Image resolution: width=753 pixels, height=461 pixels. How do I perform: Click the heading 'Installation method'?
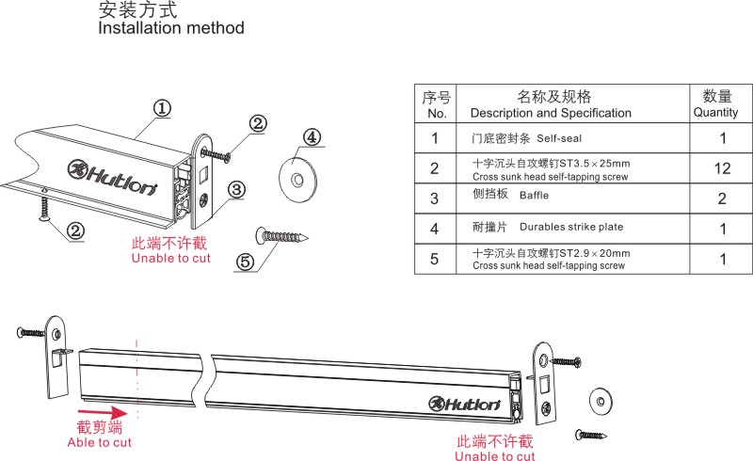click(171, 28)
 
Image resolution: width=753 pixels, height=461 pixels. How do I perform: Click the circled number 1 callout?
click(162, 108)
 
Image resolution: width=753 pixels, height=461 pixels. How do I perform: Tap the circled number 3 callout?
click(237, 190)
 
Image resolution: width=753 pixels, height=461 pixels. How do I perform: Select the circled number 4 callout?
click(311, 137)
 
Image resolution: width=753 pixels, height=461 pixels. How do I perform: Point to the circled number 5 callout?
click(246, 262)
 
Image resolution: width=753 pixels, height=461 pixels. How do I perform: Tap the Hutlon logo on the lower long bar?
click(465, 404)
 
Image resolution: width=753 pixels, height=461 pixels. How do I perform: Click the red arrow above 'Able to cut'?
click(104, 411)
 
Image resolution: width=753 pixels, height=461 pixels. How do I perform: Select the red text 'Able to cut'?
click(99, 442)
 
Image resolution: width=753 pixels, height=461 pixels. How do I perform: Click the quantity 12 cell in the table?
click(715, 168)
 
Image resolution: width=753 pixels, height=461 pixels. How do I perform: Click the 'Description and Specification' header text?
click(552, 113)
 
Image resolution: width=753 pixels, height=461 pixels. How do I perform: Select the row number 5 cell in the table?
click(434, 259)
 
